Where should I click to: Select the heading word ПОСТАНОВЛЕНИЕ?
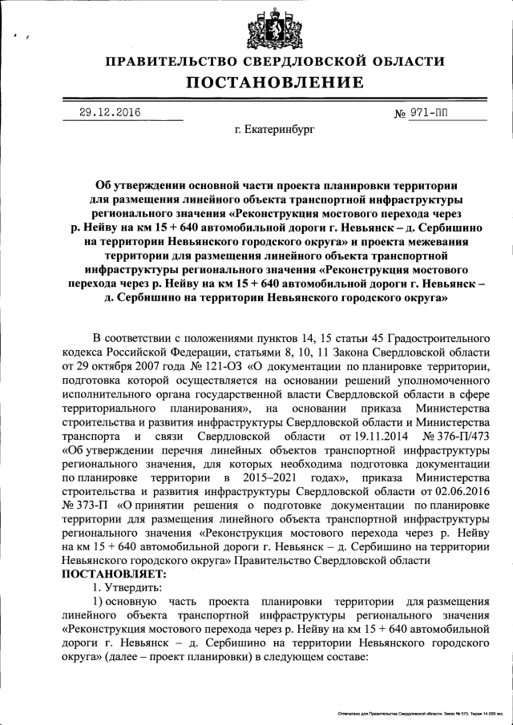275,83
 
